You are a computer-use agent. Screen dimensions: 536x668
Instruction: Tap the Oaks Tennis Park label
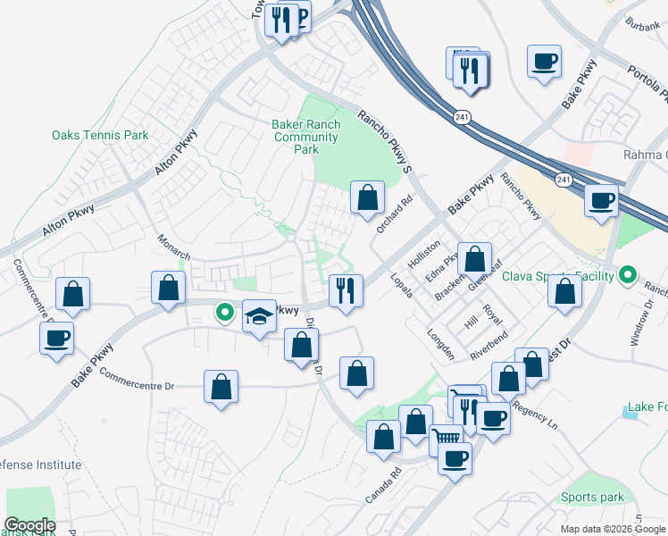[x=99, y=136]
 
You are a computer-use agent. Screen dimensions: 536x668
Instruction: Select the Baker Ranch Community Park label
[x=306, y=138]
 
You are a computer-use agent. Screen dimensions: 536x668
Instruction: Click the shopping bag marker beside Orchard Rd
[x=367, y=197]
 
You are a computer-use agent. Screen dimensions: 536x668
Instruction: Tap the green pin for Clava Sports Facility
[x=627, y=276]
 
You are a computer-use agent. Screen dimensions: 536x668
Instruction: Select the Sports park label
[x=592, y=497]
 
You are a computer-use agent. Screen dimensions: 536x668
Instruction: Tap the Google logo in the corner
[x=29, y=525]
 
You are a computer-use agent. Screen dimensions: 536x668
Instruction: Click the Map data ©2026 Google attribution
[x=613, y=529]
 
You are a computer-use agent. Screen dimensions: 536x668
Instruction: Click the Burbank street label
[x=642, y=24]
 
